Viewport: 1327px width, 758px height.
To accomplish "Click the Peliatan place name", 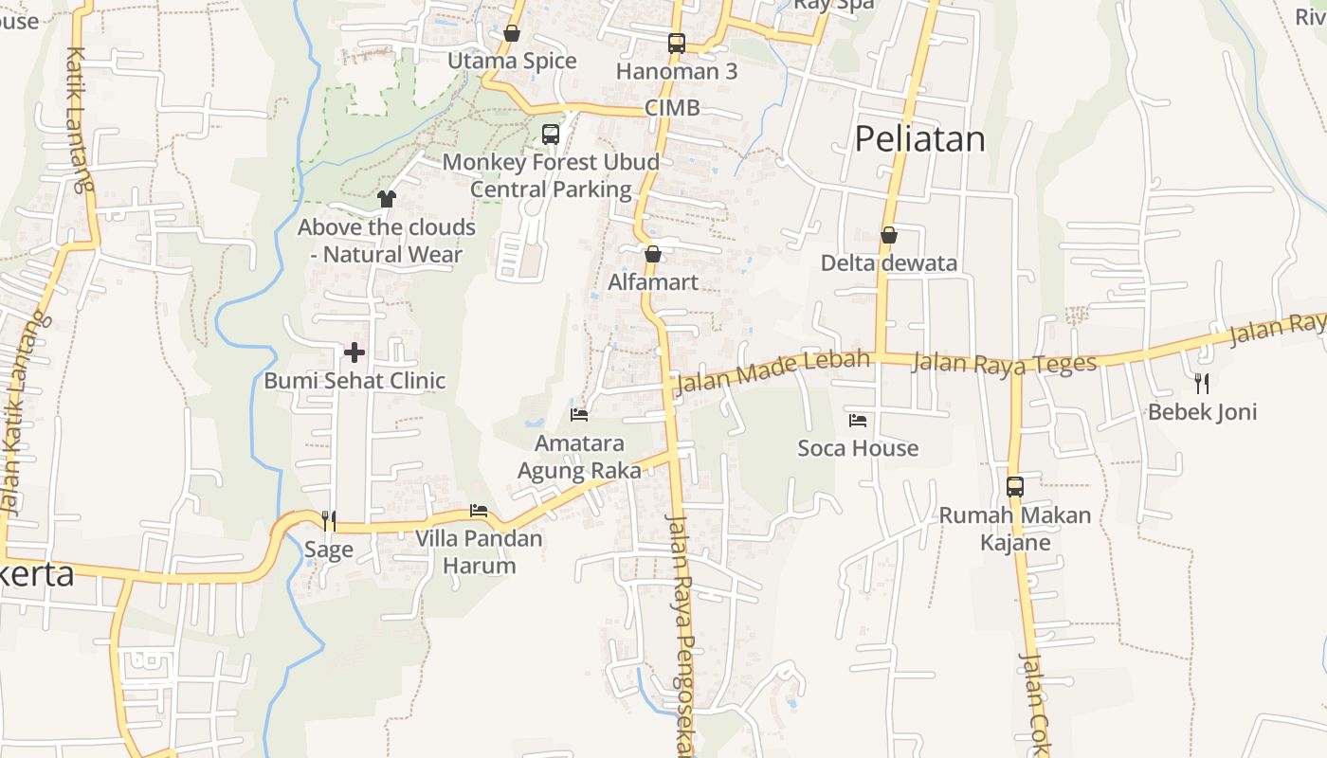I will click(919, 139).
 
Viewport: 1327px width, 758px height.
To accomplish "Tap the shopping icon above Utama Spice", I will click(512, 34).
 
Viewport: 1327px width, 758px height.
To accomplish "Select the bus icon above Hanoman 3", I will click(676, 43).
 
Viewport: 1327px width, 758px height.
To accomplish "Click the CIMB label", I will click(672, 108).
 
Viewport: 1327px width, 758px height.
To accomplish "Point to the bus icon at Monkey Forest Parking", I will click(551, 135).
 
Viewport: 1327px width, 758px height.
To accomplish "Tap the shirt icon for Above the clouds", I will click(386, 198).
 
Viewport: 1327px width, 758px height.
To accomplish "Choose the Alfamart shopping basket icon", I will click(652, 254).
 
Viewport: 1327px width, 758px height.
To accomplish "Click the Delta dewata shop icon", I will click(888, 235).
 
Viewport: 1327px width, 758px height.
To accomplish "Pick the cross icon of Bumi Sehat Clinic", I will click(354, 352).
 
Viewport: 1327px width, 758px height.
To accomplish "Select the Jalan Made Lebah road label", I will click(773, 371).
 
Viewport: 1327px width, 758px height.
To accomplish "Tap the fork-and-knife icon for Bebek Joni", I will click(1202, 383).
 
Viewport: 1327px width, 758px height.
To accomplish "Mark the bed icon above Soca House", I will click(858, 420).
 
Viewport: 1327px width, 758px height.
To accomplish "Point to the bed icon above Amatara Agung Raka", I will click(579, 414).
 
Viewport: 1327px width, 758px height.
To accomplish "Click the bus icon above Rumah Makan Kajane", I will click(1014, 487).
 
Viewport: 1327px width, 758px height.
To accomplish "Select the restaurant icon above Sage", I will click(329, 520).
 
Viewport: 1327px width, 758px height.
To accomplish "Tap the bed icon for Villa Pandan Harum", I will click(479, 511).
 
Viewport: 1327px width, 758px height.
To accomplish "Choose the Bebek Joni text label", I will click(1202, 412).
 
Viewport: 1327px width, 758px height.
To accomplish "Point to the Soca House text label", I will click(858, 448).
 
